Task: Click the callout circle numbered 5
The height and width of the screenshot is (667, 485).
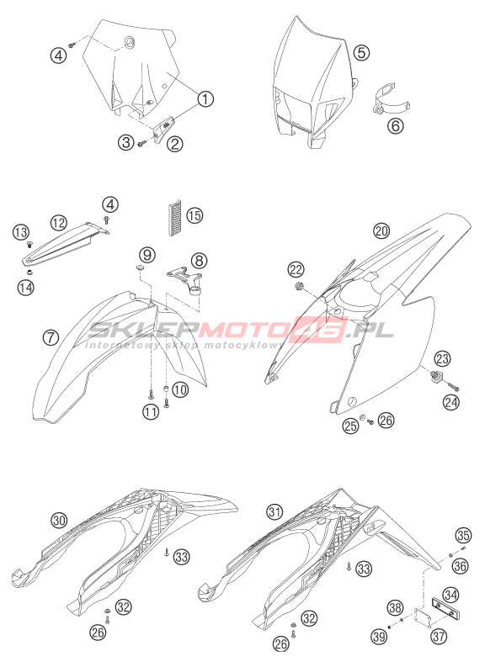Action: tap(361, 53)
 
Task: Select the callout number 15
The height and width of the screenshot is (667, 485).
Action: tap(195, 215)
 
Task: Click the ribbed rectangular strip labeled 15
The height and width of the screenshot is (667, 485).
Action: tap(173, 218)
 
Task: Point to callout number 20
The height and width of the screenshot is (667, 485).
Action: tap(381, 230)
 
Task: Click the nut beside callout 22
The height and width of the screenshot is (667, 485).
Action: tap(297, 286)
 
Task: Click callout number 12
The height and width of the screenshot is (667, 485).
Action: tap(59, 221)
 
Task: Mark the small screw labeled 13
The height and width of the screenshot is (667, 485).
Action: tap(29, 244)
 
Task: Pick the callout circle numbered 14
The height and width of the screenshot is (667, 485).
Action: tap(25, 288)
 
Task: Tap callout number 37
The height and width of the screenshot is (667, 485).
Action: tap(439, 636)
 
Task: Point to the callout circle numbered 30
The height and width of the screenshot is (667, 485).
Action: tap(59, 520)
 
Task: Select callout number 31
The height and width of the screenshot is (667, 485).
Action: tap(275, 511)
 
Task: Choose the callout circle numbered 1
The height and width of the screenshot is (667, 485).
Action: tap(205, 98)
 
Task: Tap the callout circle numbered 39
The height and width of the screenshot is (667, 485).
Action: tap(379, 636)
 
